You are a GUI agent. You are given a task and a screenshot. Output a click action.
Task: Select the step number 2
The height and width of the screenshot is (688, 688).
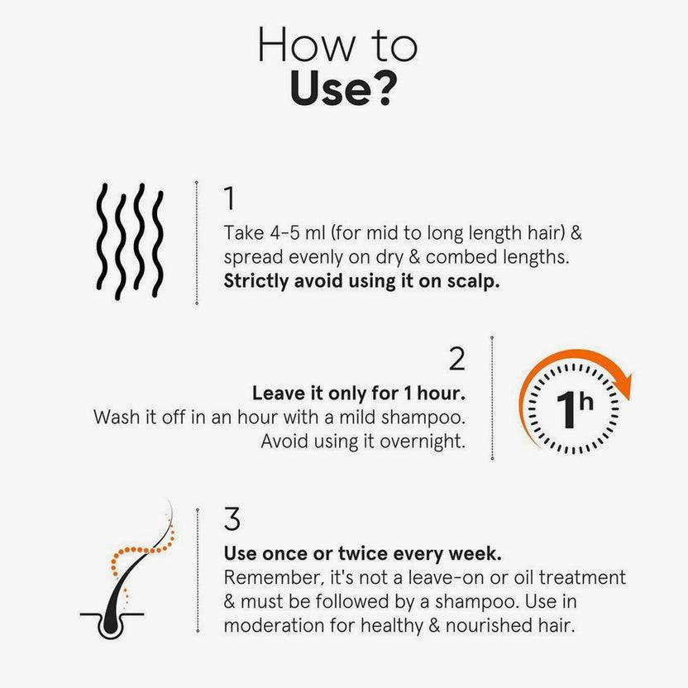pyautogui.click(x=456, y=359)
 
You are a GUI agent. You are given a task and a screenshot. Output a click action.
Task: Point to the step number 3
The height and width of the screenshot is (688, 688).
pyautogui.click(x=232, y=519)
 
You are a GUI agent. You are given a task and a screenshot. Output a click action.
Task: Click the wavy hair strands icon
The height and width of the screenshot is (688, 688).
pyautogui.click(x=130, y=241)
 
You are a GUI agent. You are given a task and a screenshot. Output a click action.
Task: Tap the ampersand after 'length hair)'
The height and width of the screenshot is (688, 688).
pyautogui.click(x=576, y=233)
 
